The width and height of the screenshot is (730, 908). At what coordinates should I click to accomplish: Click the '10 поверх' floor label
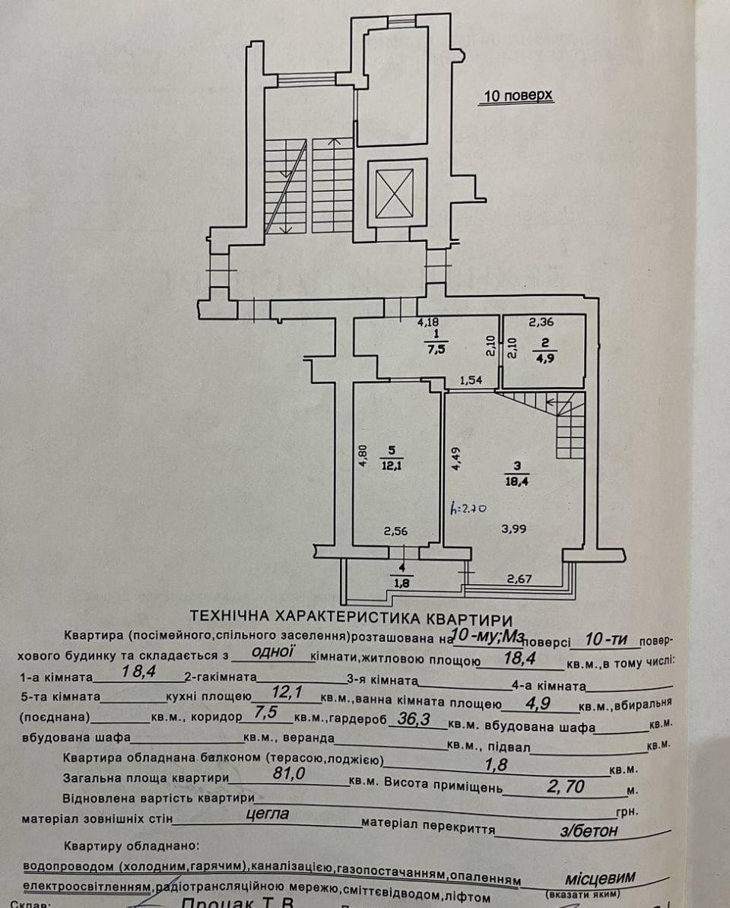(517, 97)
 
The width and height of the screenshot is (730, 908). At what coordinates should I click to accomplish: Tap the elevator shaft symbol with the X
(394, 193)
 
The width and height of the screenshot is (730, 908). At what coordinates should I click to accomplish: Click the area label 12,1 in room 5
(391, 464)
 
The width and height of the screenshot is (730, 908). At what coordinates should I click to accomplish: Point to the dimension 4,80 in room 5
(364, 456)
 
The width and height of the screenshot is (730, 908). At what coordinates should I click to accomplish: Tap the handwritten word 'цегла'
(268, 814)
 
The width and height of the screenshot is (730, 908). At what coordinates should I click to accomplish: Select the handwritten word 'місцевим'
(601, 878)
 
